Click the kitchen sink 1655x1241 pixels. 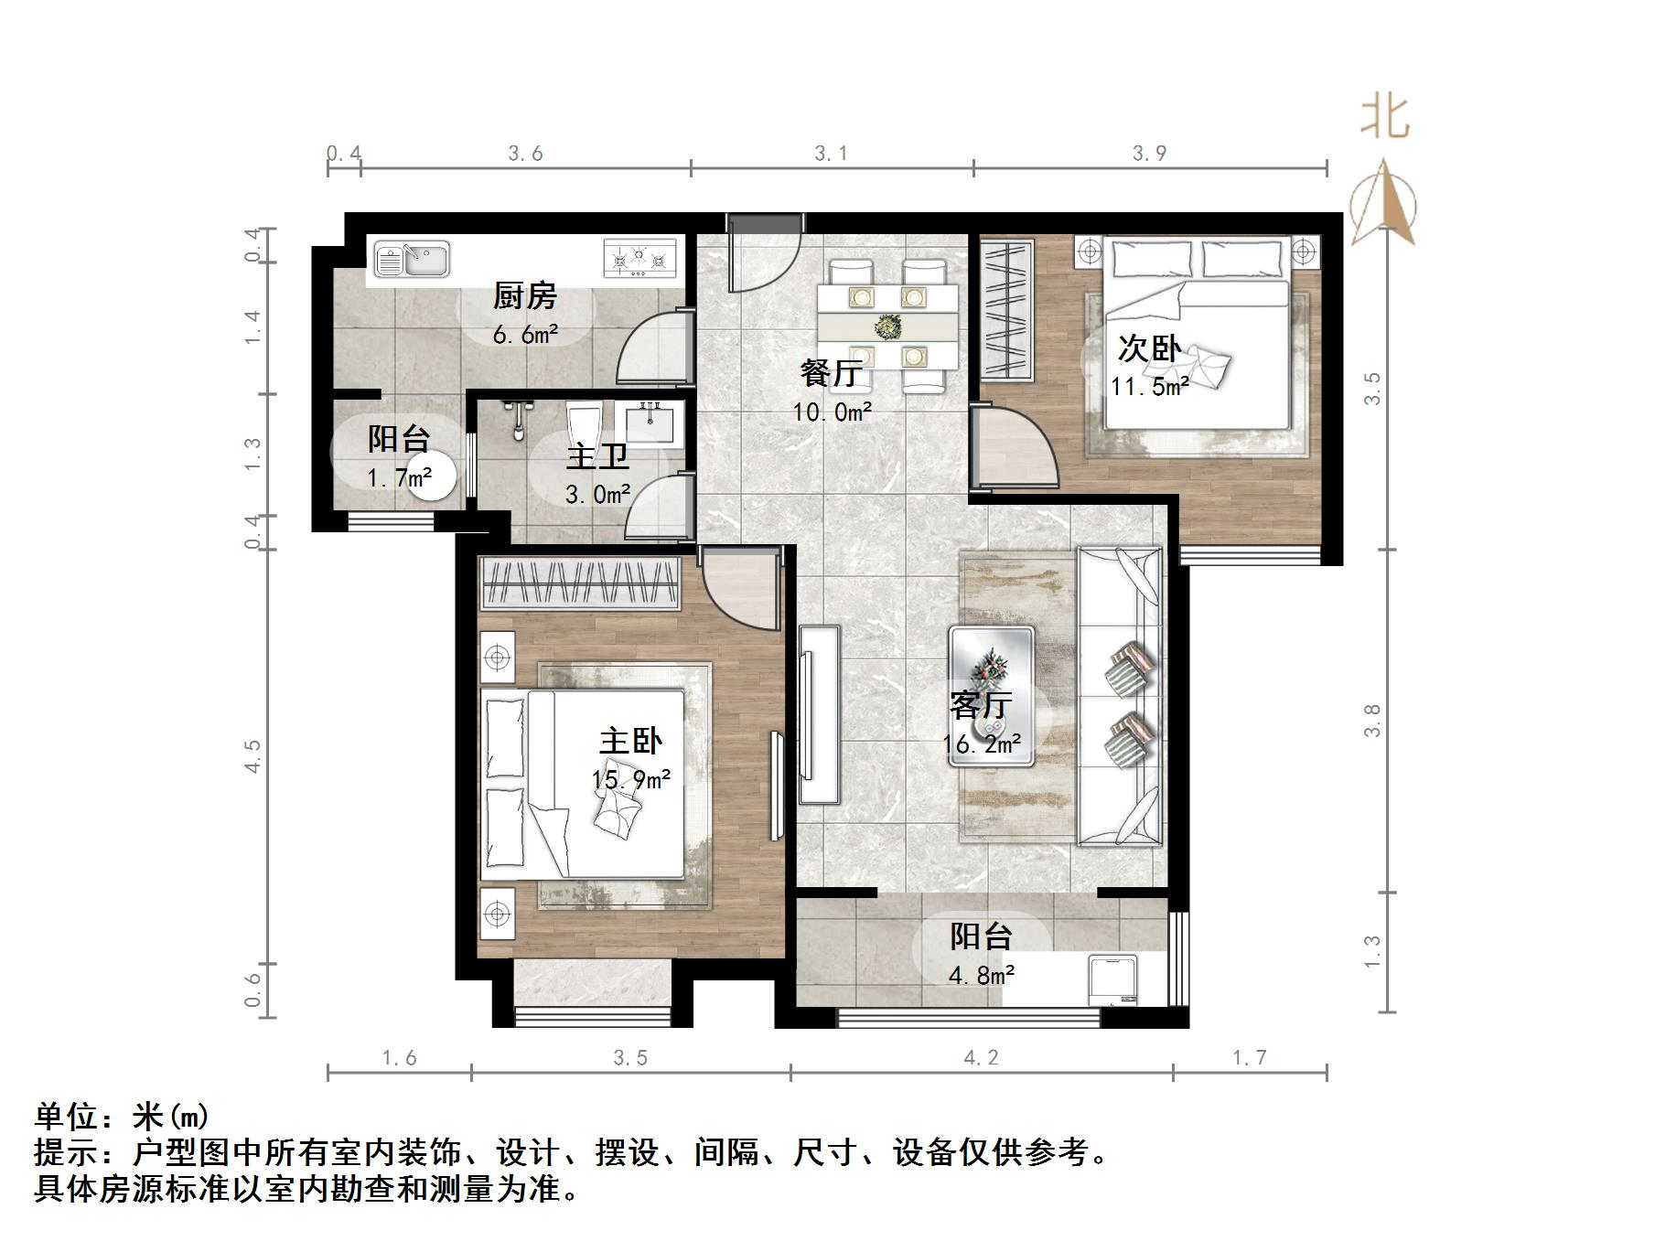tap(413, 260)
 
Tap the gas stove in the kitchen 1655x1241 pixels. tap(639, 258)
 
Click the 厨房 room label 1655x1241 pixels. tap(524, 296)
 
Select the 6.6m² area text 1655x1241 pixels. tap(525, 335)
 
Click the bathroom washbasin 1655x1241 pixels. tap(651, 423)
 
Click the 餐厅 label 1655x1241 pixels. tap(831, 373)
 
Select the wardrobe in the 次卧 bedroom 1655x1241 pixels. tap(1006, 310)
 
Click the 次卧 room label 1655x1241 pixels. tap(1149, 348)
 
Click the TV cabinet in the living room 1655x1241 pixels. tap(820, 714)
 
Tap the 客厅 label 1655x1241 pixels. tap(980, 705)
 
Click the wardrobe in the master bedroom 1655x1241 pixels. tap(580, 583)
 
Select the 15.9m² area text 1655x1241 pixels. tap(631, 779)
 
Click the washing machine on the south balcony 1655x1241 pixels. tap(1113, 979)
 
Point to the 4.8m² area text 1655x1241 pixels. tap(982, 976)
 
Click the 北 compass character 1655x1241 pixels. tap(1384, 119)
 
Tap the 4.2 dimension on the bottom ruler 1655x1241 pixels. tap(981, 1058)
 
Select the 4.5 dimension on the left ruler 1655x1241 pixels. tap(253, 756)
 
